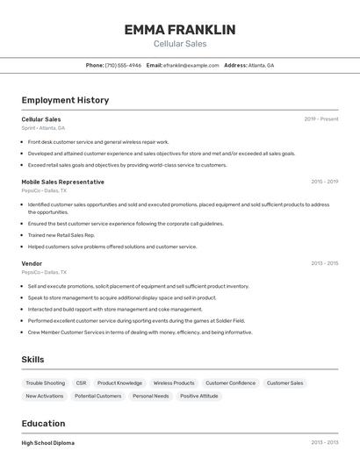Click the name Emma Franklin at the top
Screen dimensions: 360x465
(179, 29)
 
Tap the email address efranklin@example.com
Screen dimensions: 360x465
(190, 65)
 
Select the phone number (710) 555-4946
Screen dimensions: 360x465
(123, 65)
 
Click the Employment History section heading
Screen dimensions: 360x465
(65, 100)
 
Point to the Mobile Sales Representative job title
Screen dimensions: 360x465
(62, 182)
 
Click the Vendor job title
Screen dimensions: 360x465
(32, 262)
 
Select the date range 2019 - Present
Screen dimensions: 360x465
(320, 118)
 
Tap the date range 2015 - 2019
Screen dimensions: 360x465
(324, 182)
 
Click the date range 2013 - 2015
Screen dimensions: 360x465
(324, 262)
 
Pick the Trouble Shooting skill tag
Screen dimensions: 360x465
(45, 383)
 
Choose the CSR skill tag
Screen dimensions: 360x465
(81, 383)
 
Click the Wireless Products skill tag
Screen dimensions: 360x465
(174, 383)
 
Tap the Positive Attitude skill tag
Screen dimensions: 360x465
(199, 396)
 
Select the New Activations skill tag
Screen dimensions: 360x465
(44, 396)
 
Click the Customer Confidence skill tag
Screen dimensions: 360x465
(230, 383)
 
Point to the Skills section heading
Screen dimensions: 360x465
(32, 360)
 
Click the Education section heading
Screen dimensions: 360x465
(43, 423)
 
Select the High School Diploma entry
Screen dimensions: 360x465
(48, 443)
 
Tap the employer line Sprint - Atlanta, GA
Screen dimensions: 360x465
(43, 127)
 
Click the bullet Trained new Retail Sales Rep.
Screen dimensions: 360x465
(61, 235)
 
